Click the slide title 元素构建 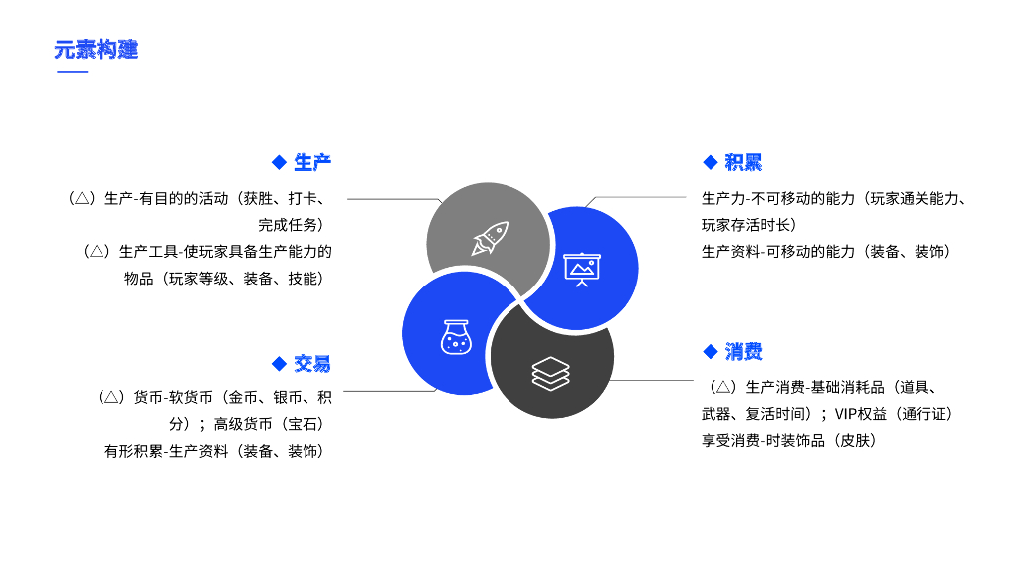click(97, 49)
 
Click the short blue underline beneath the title click(72, 72)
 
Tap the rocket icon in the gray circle click(490, 238)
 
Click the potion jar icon click(455, 336)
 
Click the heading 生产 click(312, 162)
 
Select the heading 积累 click(743, 162)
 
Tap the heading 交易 click(312, 363)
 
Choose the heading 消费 click(743, 351)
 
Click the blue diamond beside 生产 click(279, 162)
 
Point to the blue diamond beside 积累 click(710, 162)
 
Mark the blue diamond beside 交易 click(279, 363)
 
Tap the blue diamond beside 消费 click(710, 351)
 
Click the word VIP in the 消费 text click(846, 413)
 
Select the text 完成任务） click(296, 225)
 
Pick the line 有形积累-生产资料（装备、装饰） click(218, 451)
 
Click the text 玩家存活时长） click(748, 225)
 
